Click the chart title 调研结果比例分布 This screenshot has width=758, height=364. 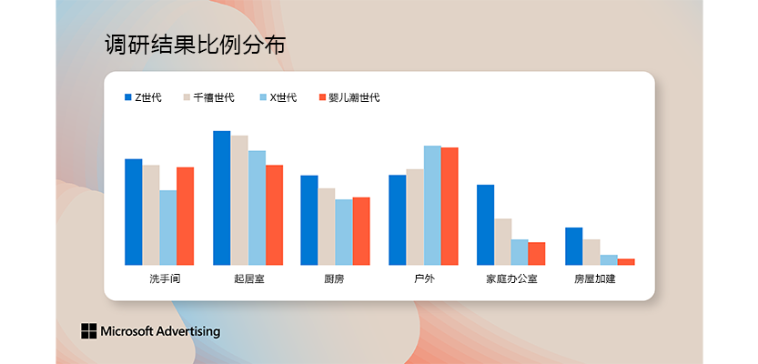pos(196,45)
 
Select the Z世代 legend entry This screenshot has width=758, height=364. pos(143,97)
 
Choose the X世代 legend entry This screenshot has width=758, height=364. pos(278,97)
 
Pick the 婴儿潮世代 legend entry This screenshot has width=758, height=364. pos(349,97)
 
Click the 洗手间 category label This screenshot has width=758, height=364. pos(165,279)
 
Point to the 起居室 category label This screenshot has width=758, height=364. pos(249,279)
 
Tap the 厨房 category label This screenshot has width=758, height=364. pos(334,279)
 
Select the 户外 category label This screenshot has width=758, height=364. pos(424,279)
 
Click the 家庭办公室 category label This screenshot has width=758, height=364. pos(511,279)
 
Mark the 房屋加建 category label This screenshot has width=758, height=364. pos(594,279)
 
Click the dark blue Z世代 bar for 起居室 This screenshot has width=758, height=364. pos(222,197)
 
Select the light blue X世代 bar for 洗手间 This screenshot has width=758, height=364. pos(168,227)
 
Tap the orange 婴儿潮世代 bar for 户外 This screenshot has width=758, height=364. pos(450,207)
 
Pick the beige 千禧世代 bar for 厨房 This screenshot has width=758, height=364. pos(327,227)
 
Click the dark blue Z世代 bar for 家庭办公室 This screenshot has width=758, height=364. pos(485,225)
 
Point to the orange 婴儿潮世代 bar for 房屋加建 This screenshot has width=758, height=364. pos(626,262)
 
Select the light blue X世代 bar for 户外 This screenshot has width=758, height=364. pos(432,206)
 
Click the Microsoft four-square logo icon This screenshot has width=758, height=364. pos(89,331)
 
